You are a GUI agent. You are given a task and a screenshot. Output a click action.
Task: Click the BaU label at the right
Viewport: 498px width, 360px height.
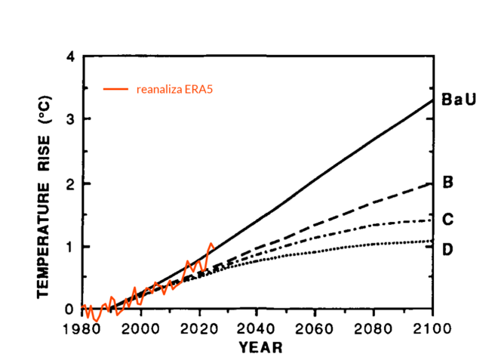click(x=458, y=100)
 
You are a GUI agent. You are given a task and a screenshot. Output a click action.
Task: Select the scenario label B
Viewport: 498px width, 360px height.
click(x=447, y=182)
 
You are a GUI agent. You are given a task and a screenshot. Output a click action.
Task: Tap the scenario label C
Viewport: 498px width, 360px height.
click(x=447, y=219)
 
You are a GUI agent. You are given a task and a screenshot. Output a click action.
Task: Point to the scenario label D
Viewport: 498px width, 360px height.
click(x=447, y=248)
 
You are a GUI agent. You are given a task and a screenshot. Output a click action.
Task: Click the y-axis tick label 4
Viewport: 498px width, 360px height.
click(x=70, y=57)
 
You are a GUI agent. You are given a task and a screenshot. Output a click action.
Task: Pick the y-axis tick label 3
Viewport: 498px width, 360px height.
click(x=70, y=119)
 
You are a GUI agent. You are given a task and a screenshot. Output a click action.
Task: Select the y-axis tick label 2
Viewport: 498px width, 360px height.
click(x=70, y=183)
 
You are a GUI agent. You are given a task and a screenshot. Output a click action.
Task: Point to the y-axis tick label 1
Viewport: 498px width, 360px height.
click(x=70, y=247)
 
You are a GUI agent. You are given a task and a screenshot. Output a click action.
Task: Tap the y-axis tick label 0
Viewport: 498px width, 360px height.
click(x=70, y=309)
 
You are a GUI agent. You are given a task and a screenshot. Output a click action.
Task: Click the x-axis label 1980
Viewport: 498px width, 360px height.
click(x=82, y=328)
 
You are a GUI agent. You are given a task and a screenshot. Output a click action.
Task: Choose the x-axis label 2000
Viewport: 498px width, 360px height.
click(x=141, y=328)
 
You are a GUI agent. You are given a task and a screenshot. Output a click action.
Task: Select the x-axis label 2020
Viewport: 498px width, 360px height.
click(x=200, y=328)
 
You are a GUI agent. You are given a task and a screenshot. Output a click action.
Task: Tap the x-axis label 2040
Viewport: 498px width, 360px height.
click(x=257, y=328)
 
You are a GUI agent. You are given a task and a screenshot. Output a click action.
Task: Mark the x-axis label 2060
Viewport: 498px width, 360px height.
click(x=316, y=328)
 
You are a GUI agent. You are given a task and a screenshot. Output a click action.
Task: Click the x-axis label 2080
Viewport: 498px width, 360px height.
click(x=374, y=328)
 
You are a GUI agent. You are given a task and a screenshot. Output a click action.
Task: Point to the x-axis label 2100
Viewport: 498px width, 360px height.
click(x=432, y=328)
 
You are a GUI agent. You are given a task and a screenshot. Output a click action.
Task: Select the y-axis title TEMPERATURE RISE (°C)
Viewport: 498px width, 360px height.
click(x=45, y=195)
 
